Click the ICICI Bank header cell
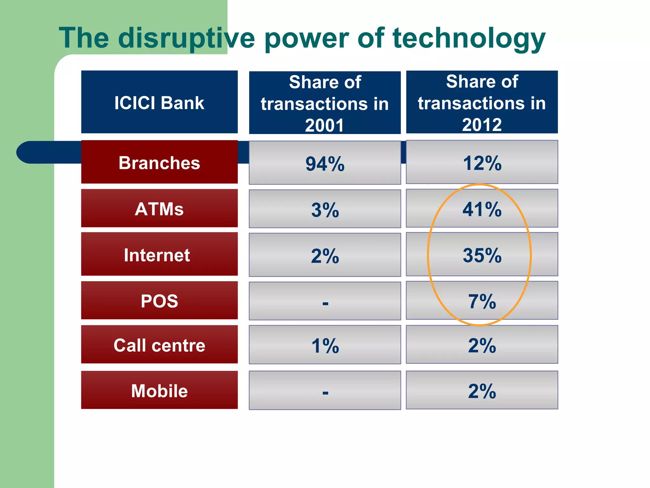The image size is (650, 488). click(x=159, y=102)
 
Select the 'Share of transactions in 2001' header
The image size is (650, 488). click(x=325, y=103)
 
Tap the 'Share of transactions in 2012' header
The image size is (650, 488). click(x=482, y=102)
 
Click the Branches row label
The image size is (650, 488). click(x=159, y=162)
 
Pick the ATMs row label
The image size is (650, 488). click(x=159, y=209)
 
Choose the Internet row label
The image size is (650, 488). click(x=157, y=255)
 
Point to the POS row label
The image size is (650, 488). click(x=159, y=301)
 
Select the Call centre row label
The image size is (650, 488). click(x=159, y=345)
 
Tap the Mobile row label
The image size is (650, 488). click(x=159, y=390)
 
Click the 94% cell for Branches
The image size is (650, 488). click(x=325, y=163)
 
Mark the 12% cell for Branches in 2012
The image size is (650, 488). click(x=482, y=163)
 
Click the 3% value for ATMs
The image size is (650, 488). click(x=325, y=210)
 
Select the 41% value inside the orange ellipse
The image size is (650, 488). click(x=482, y=209)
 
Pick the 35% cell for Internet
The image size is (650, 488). click(x=482, y=255)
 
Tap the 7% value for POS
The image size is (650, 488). click(x=482, y=301)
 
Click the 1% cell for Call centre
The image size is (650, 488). click(x=325, y=345)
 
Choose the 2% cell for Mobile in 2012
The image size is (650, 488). click(x=482, y=390)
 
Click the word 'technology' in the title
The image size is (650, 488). click(x=469, y=38)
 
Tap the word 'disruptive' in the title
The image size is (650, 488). click(x=187, y=38)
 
